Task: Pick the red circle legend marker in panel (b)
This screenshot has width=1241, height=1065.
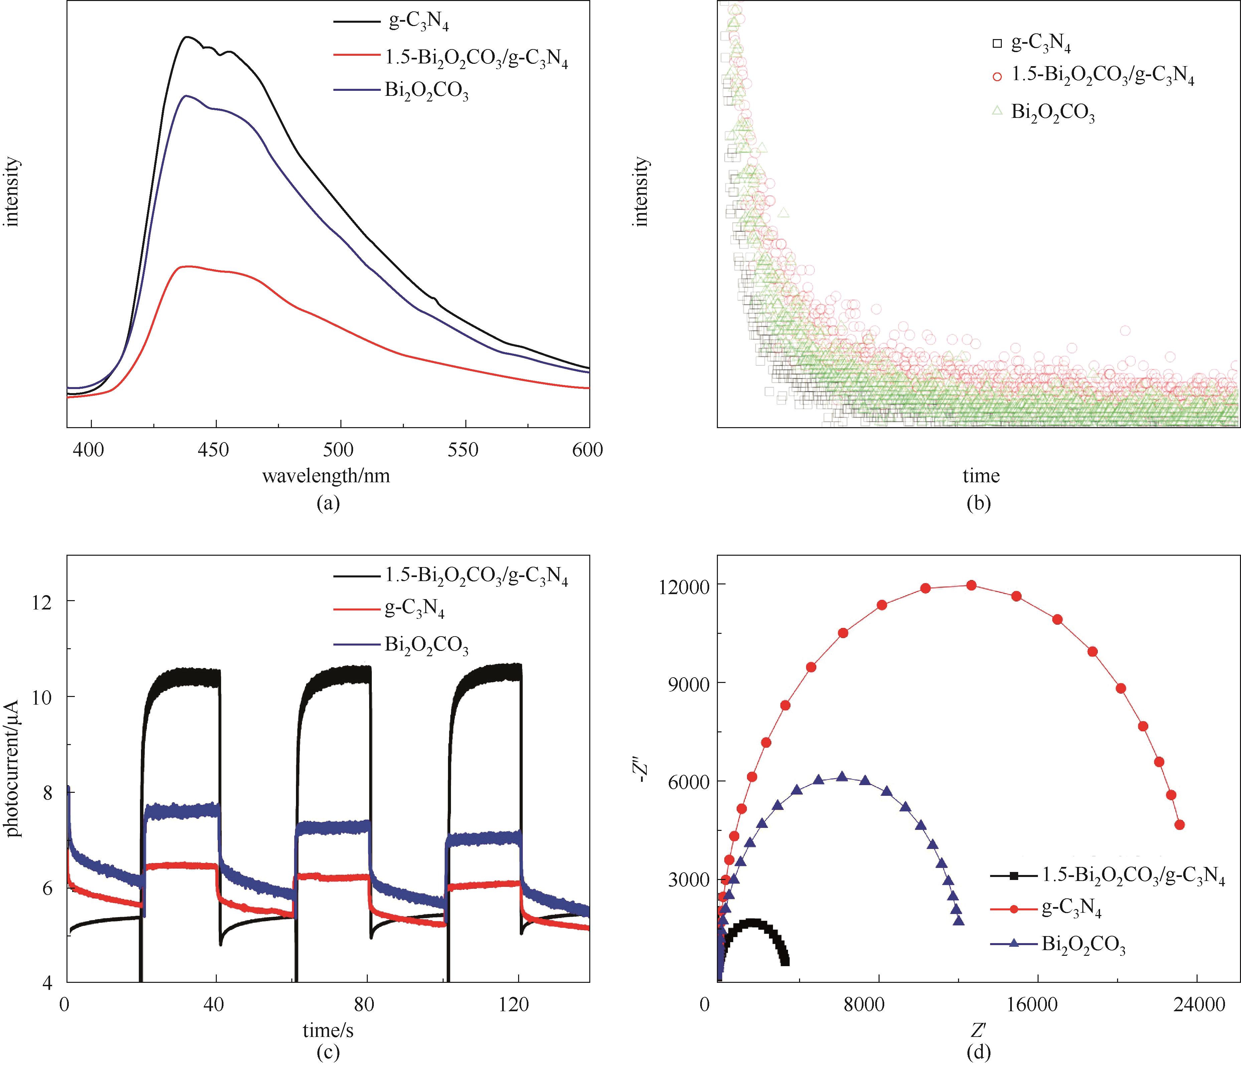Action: pyautogui.click(x=997, y=76)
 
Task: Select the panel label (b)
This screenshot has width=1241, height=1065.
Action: pyautogui.click(x=979, y=503)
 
